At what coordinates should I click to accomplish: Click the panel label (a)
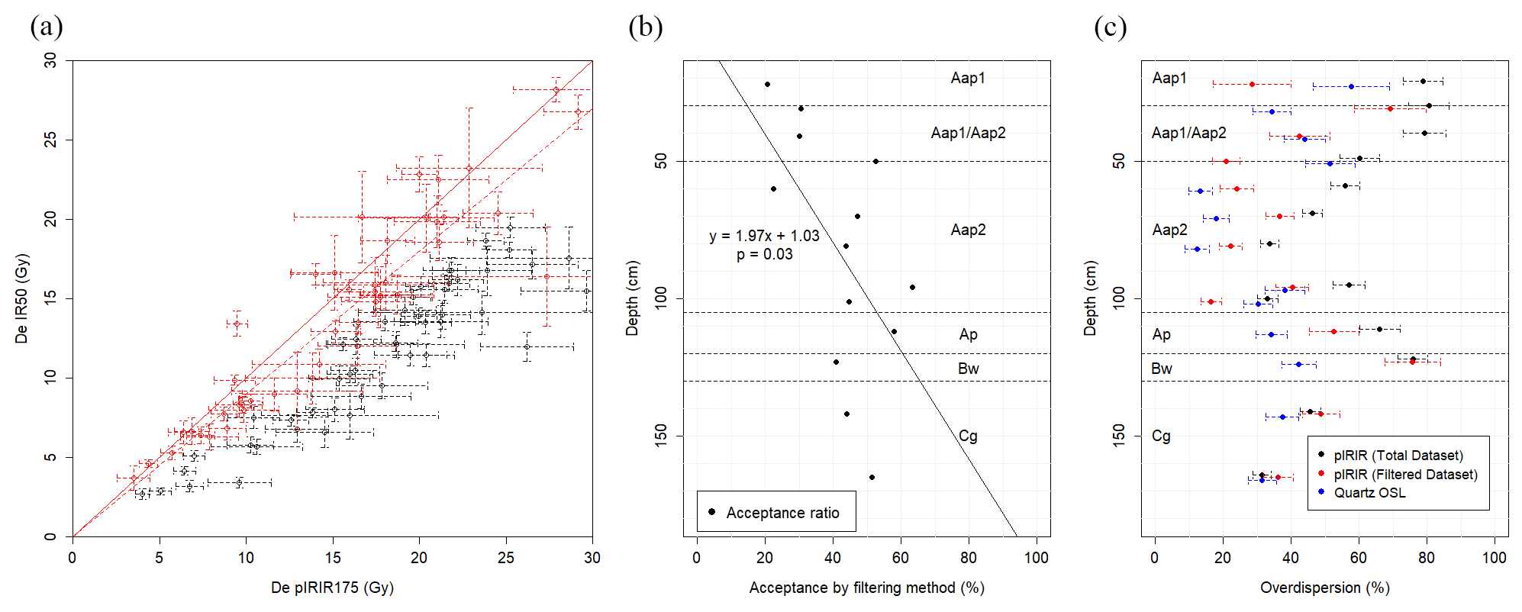[46, 27]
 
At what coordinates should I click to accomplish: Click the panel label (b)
[645, 27]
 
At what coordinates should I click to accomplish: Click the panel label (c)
[1110, 27]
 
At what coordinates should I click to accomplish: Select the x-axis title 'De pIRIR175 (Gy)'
[332, 588]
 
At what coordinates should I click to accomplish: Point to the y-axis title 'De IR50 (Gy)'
[21, 298]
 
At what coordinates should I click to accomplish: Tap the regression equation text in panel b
[764, 236]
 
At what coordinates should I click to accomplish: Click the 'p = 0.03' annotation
[764, 254]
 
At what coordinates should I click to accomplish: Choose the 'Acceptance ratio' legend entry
[782, 513]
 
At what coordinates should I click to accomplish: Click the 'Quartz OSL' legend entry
[1369, 493]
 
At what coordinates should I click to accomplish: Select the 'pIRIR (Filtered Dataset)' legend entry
[1405, 475]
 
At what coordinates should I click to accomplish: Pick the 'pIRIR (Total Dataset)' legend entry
[1398, 456]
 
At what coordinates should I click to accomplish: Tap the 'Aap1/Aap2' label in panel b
[968, 133]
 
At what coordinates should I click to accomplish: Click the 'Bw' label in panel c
[1162, 369]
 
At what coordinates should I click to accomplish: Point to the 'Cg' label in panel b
[968, 436]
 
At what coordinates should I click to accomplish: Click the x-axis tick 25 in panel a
[506, 558]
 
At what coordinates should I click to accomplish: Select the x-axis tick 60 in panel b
[901, 558]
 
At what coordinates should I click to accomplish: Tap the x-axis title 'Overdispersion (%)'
[1324, 588]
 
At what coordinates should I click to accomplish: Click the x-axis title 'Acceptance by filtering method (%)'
[866, 588]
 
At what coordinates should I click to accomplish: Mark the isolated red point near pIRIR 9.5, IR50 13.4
[237, 324]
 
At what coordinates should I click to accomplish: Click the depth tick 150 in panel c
[1119, 436]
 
